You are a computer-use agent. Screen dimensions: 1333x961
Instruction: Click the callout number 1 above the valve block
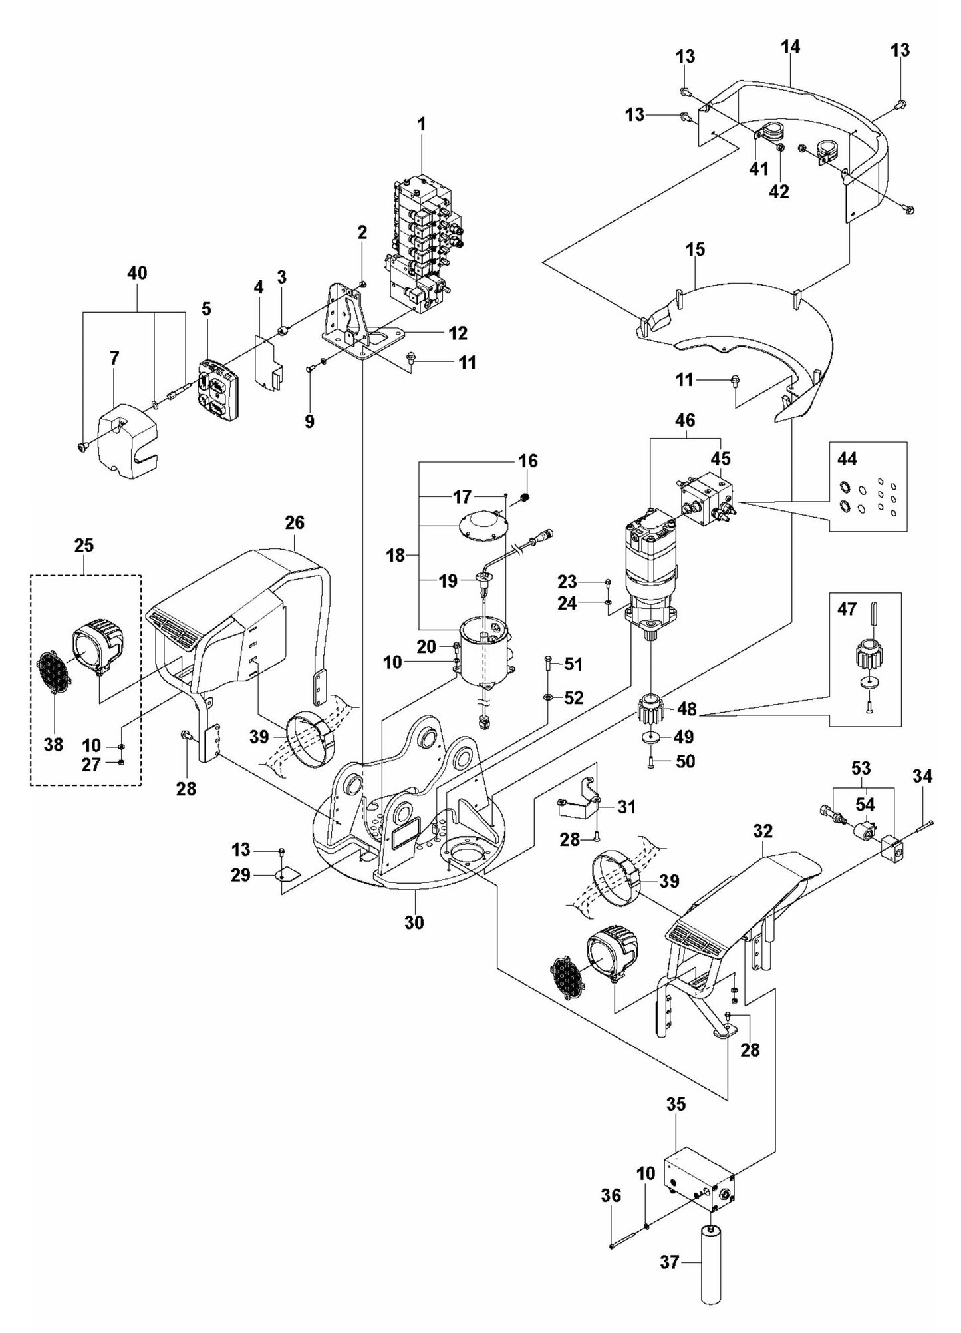(x=422, y=124)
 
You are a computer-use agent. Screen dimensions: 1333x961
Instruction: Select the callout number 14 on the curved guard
(x=791, y=47)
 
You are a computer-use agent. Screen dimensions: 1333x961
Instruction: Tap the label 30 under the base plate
(x=414, y=922)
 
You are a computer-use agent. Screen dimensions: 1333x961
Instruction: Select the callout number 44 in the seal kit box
(x=847, y=459)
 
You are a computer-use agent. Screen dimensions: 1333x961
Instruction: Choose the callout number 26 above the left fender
(x=295, y=522)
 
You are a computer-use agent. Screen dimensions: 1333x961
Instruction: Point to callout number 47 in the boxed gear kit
(x=847, y=608)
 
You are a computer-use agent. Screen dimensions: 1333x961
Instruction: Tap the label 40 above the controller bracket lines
(x=138, y=273)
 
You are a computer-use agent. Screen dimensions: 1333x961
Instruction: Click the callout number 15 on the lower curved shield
(x=695, y=249)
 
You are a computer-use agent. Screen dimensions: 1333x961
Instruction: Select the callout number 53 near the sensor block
(x=861, y=768)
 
